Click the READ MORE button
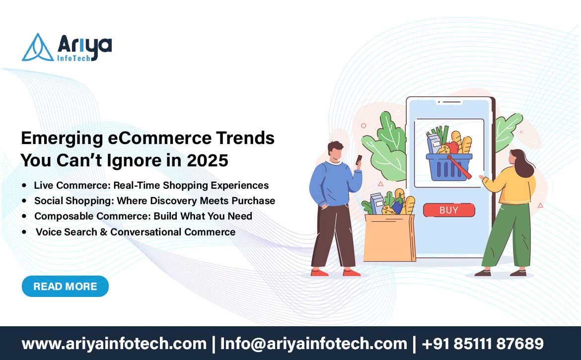click(65, 287)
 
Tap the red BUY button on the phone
click(449, 210)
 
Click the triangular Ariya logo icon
click(37, 47)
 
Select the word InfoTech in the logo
click(73, 58)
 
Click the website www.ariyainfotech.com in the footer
click(114, 344)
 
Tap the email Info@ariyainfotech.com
click(313, 344)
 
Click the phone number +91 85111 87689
click(483, 344)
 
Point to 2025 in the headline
click(208, 160)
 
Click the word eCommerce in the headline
click(159, 138)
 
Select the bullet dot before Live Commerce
click(24, 185)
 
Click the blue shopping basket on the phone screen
click(449, 167)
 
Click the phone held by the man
click(359, 159)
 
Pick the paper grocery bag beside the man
click(389, 237)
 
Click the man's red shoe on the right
click(351, 273)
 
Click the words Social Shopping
click(73, 201)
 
